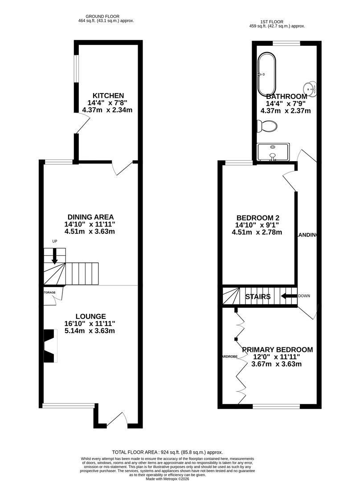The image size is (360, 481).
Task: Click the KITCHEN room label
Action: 108,95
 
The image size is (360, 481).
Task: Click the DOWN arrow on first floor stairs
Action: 289,296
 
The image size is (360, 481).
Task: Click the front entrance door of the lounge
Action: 117,420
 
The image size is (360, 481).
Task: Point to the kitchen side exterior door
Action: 83,122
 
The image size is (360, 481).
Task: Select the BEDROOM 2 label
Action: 257,218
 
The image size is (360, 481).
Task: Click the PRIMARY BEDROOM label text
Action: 277,350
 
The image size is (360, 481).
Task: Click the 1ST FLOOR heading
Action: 277,21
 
